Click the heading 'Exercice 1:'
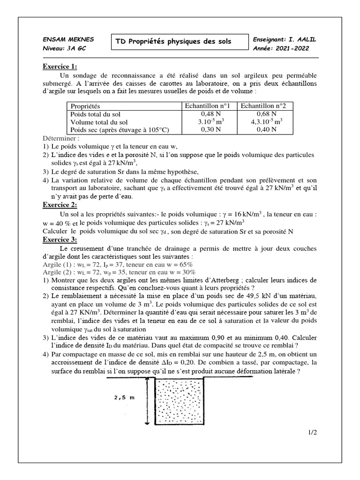coord(60,67)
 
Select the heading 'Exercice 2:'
coord(60,205)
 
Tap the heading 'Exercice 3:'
coord(60,240)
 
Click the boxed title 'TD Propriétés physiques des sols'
coord(173,42)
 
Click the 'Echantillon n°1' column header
coord(207,106)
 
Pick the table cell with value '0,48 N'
coord(207,114)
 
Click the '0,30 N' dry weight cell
coord(207,130)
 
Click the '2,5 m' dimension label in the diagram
coord(123,398)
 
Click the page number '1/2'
coord(313,432)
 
